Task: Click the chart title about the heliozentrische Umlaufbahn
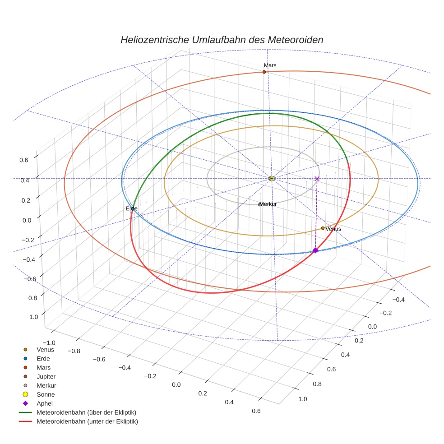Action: coord(222,40)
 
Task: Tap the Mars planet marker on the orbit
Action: coord(264,72)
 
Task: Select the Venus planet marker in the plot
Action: coord(323,228)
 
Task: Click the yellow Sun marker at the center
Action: coord(272,179)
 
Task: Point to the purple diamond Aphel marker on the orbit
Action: coord(315,250)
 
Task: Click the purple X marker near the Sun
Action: coord(317,179)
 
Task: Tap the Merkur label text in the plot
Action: coord(268,204)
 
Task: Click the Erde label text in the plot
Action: coord(131,209)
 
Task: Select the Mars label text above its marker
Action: coord(270,65)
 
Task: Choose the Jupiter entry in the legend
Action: coord(46,376)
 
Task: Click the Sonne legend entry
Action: coord(46,394)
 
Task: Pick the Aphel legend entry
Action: coord(45,403)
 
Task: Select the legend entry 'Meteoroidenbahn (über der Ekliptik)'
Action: coord(86,412)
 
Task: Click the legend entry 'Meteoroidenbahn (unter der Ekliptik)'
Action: coord(87,421)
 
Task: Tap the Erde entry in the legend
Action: coord(43,358)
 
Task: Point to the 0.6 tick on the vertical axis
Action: coord(23,159)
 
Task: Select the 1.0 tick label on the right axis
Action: coord(302,399)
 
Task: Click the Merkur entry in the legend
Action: coord(46,385)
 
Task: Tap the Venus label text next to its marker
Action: coord(333,229)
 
